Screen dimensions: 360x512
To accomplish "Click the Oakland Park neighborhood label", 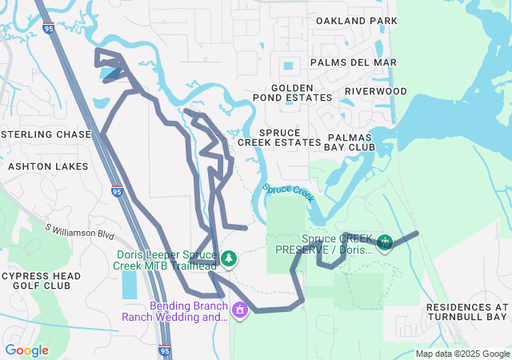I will point(357,20).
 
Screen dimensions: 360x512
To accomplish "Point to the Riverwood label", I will point(376,91).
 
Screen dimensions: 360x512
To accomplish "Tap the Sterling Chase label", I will point(46,134).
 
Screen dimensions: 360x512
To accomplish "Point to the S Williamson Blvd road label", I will point(79,232).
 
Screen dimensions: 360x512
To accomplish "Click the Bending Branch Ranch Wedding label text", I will point(174,311).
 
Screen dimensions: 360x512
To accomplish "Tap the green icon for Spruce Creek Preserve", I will point(385,242).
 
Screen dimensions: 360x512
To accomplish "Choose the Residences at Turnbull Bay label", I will point(467,312).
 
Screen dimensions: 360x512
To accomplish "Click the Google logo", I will point(27,350).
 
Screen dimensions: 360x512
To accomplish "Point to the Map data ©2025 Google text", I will point(462,354).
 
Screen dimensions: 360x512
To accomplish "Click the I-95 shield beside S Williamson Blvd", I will point(117,191).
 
